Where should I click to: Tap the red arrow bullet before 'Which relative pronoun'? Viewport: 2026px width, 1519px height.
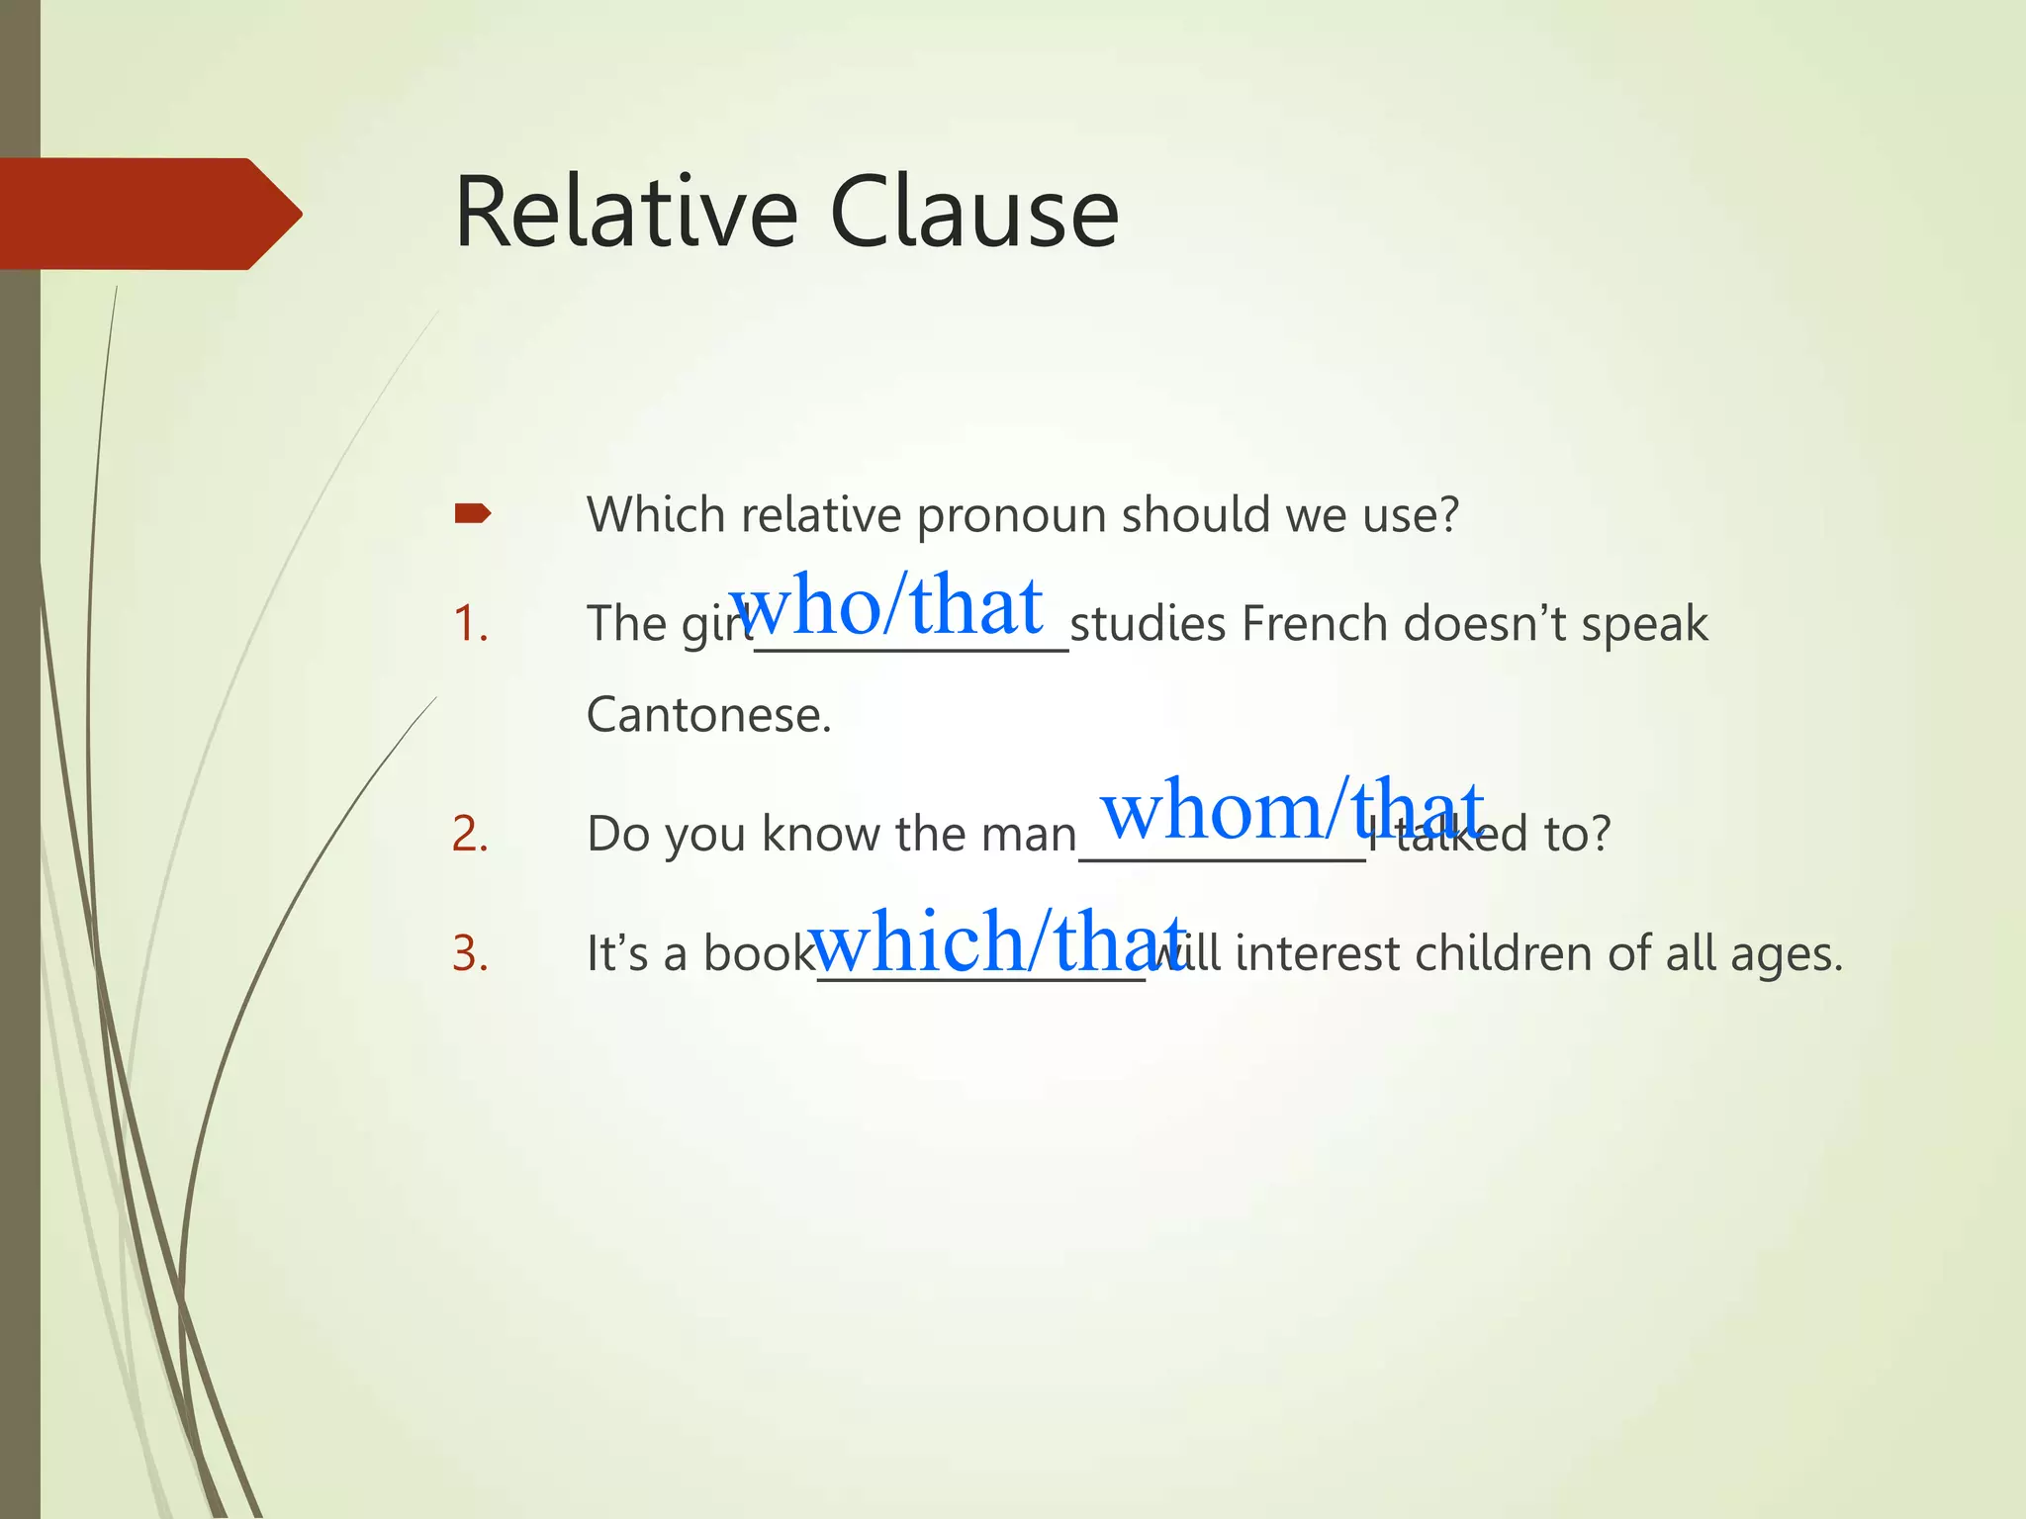(x=472, y=513)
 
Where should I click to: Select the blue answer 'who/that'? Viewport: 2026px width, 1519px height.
(x=886, y=604)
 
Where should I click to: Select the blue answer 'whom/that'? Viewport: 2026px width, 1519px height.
(x=1292, y=809)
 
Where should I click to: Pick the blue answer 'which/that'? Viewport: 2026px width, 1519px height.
(x=997, y=940)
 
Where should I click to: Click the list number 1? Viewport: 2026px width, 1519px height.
(x=470, y=624)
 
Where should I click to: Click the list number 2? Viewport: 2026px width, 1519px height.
(x=470, y=834)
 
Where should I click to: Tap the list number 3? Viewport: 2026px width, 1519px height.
(x=470, y=954)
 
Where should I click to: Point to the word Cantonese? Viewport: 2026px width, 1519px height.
(x=708, y=715)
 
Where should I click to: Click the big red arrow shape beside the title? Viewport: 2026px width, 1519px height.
(x=148, y=214)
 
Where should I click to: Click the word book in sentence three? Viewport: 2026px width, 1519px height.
(x=758, y=954)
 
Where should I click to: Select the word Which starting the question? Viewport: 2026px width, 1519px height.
(x=656, y=515)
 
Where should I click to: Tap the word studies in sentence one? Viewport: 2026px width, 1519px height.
(x=1149, y=624)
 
